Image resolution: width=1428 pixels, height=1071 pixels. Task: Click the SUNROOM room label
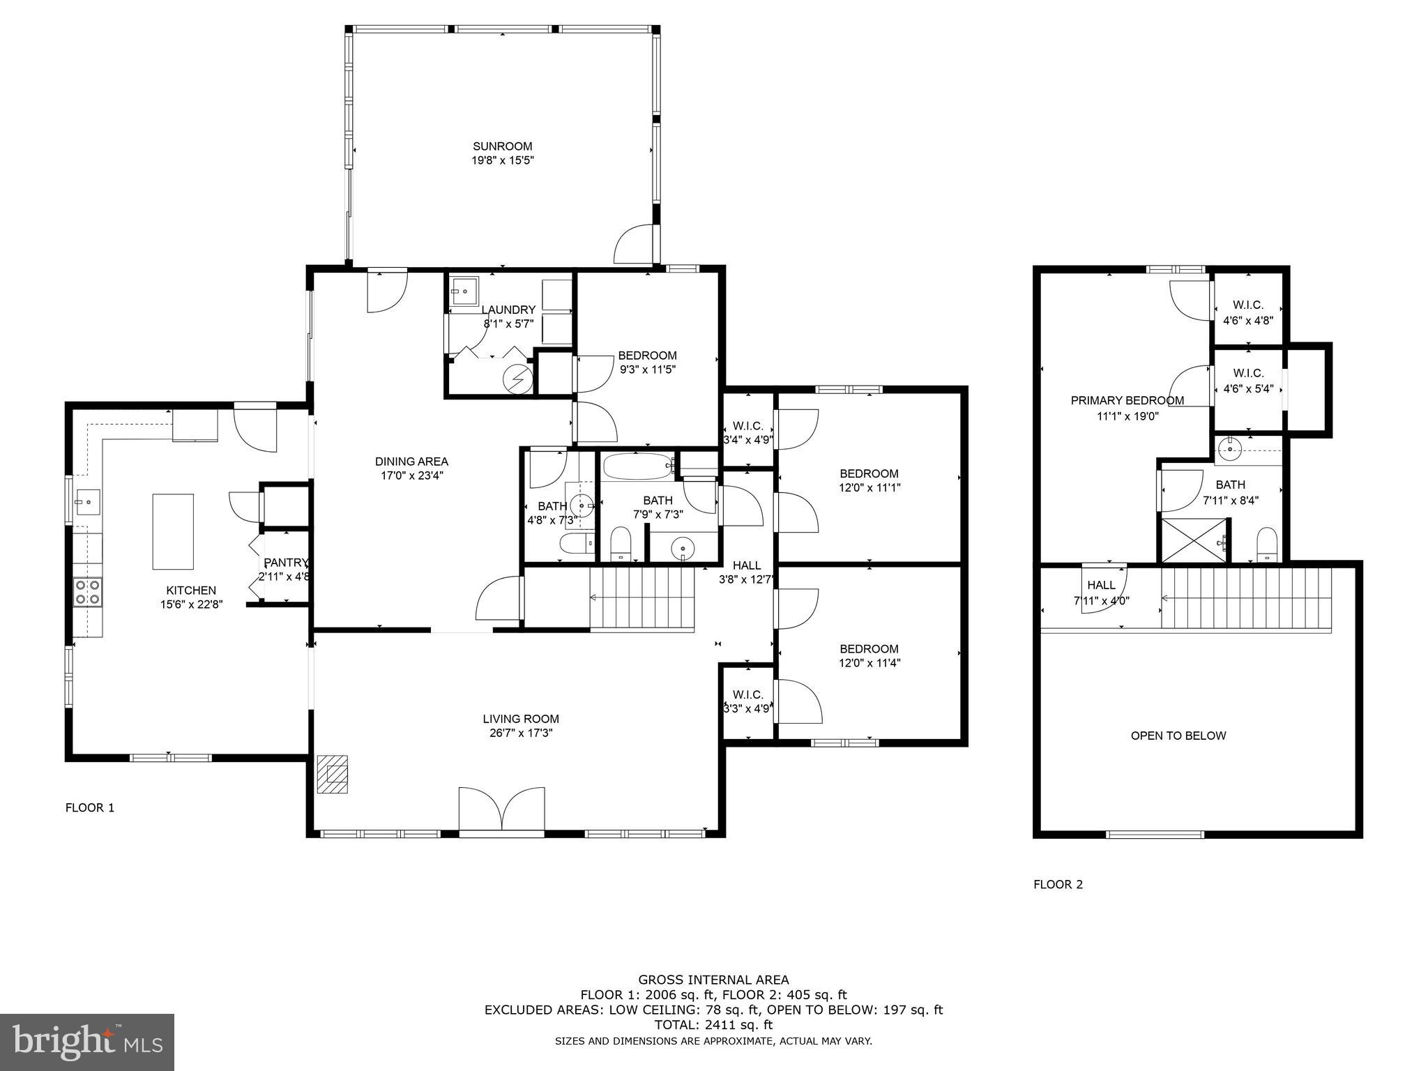pos(502,146)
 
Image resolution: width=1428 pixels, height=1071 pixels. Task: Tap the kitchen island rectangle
pos(173,531)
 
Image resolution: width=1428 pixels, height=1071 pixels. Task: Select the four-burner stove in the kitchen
pos(88,592)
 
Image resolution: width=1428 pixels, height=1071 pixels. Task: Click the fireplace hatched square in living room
pos(333,774)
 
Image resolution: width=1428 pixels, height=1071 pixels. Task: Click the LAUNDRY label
pos(508,310)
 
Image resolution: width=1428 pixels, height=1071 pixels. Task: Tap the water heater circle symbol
pos(518,379)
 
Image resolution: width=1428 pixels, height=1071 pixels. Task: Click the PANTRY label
pos(285,563)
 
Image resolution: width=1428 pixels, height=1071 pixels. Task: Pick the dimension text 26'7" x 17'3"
pos(521,733)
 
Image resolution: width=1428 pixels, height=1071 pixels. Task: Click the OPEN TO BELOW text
pos(1178,736)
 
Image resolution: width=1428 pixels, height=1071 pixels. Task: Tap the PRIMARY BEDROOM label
pos(1127,400)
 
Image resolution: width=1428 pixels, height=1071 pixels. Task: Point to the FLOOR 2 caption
pos(1058,885)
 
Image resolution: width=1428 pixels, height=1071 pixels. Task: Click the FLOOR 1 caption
pos(90,808)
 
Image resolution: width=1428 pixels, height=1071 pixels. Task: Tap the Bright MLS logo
pos(87,1042)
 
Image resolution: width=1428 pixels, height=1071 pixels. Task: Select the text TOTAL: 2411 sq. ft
pos(713,1025)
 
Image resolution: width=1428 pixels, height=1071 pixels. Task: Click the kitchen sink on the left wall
pos(88,501)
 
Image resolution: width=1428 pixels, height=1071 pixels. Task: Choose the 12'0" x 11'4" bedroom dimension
pos(869,663)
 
